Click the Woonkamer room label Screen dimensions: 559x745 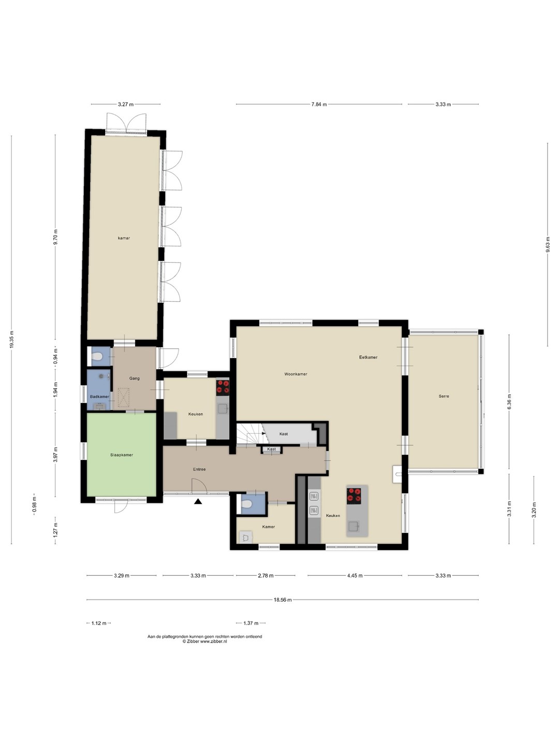point(296,374)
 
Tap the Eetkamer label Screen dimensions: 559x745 point(368,357)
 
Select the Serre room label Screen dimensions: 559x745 point(444,396)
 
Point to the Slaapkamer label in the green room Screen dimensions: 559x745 point(122,455)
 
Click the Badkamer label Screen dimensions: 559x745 point(99,396)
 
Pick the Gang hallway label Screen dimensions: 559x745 point(135,378)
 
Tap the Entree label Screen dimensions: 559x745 point(199,469)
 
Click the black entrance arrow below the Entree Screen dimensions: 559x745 point(198,501)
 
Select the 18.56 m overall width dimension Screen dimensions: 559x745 point(283,600)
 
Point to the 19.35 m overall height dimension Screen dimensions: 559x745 point(11,339)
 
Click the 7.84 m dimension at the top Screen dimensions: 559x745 point(319,104)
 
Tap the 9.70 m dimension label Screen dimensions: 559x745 point(56,237)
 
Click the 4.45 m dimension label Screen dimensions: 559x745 point(355,576)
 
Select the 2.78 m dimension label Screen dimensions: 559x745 point(266,576)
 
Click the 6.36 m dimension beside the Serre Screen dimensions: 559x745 point(509,401)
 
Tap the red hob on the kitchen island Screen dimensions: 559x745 point(354,495)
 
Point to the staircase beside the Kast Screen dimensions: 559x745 point(250,435)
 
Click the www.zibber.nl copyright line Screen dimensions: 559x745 point(204,642)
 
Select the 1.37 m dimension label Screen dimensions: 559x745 point(251,623)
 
